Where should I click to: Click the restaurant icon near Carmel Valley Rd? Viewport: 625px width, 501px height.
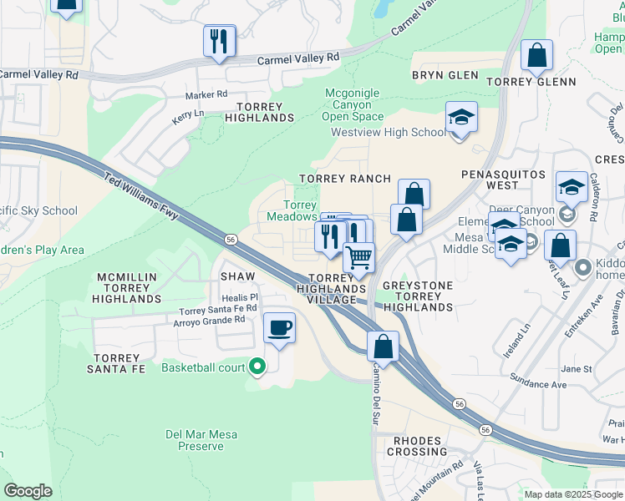pos(219,40)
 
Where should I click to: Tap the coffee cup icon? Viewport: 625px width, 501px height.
pos(279,327)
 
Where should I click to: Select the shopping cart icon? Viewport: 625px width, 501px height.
pos(358,257)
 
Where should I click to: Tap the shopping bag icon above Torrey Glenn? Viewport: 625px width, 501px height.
pos(536,55)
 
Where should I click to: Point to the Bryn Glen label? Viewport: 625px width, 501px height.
pos(445,75)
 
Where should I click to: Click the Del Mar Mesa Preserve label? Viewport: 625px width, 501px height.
pos(195,440)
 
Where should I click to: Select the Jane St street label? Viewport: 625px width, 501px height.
pos(576,368)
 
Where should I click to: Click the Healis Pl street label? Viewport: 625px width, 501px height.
pos(240,296)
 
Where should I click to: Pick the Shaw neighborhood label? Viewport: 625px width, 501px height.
pos(236,276)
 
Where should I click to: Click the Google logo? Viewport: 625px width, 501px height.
pos(28,492)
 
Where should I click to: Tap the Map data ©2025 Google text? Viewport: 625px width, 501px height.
pos(573,494)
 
